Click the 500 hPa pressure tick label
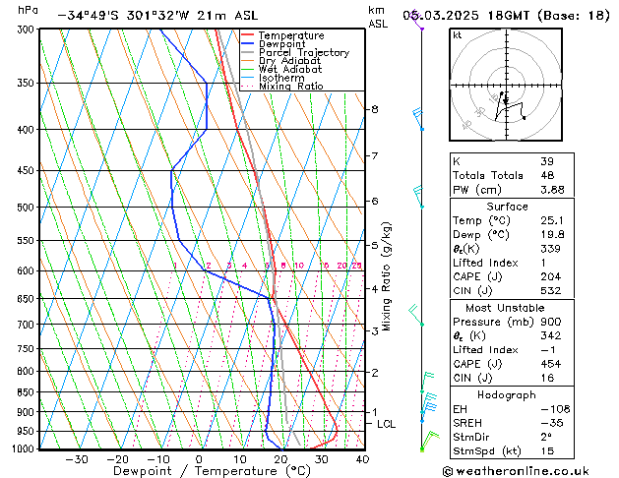pyautogui.click(x=28, y=208)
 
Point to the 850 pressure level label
pyautogui.click(x=28, y=391)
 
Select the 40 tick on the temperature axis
pyautogui.click(x=362, y=458)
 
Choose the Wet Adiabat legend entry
pyautogui.click(x=289, y=70)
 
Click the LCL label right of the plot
pyautogui.click(x=387, y=424)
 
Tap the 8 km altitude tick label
pyautogui.click(x=374, y=109)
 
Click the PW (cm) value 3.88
pyautogui.click(x=552, y=190)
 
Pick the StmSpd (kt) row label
pyautogui.click(x=485, y=451)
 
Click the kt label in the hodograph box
pyautogui.click(x=457, y=35)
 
